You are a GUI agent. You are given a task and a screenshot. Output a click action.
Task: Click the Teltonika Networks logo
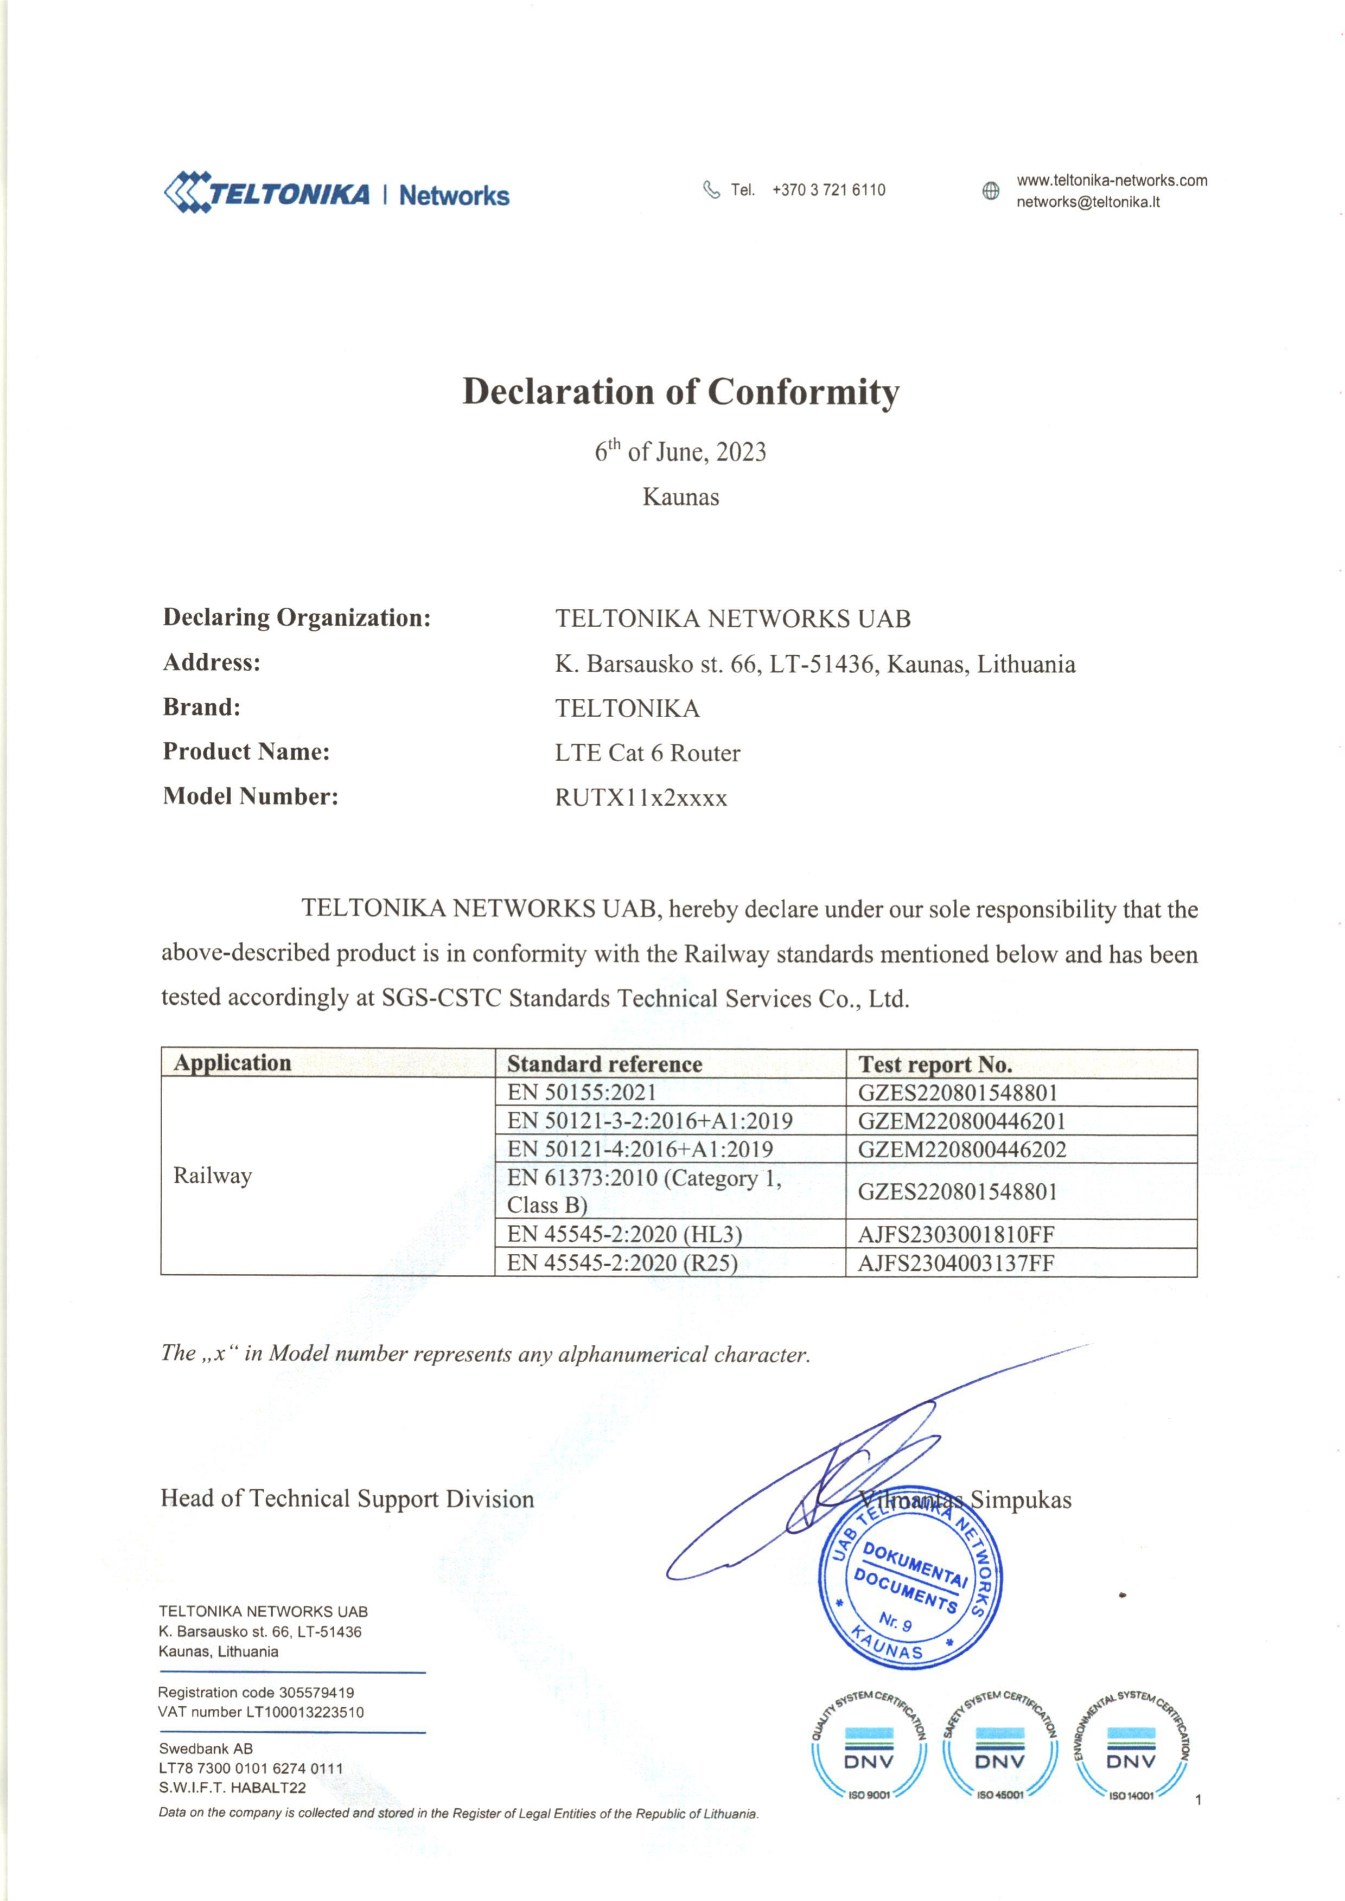pyautogui.click(x=337, y=194)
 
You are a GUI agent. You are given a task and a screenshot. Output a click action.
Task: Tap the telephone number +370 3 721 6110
pyautogui.click(x=828, y=189)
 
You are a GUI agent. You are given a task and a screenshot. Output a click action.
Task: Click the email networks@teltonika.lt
pyautogui.click(x=1087, y=202)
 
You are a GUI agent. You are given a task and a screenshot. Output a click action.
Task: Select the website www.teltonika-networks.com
pyautogui.click(x=1112, y=181)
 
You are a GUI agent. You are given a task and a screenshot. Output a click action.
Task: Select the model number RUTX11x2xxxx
pyautogui.click(x=641, y=798)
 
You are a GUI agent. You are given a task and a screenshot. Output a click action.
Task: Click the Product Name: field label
pyautogui.click(x=246, y=752)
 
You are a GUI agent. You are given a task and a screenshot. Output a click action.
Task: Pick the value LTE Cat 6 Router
pyautogui.click(x=647, y=754)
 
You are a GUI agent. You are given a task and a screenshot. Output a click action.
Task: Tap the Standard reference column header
pyautogui.click(x=604, y=1064)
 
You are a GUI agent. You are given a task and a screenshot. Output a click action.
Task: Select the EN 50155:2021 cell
pyautogui.click(x=582, y=1093)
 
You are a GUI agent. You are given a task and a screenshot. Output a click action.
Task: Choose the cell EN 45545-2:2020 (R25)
pyautogui.click(x=622, y=1262)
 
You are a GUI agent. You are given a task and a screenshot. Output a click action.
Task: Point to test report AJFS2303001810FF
pyautogui.click(x=956, y=1234)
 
